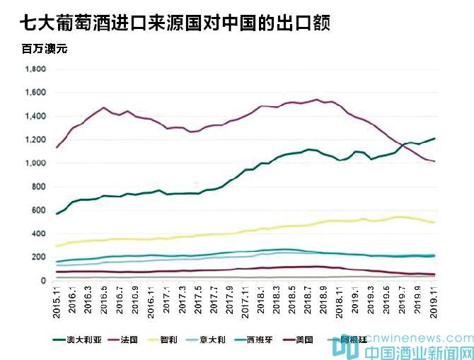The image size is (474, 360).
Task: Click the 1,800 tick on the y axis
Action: click(35, 69)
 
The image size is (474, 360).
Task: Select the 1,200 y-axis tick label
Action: click(35, 140)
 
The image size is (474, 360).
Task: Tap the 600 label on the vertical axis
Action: click(40, 211)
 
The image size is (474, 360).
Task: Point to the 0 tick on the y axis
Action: click(45, 281)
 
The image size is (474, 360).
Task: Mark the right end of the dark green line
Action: click(434, 139)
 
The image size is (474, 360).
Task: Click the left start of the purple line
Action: click(57, 147)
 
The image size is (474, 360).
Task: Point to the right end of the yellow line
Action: click(434, 223)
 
